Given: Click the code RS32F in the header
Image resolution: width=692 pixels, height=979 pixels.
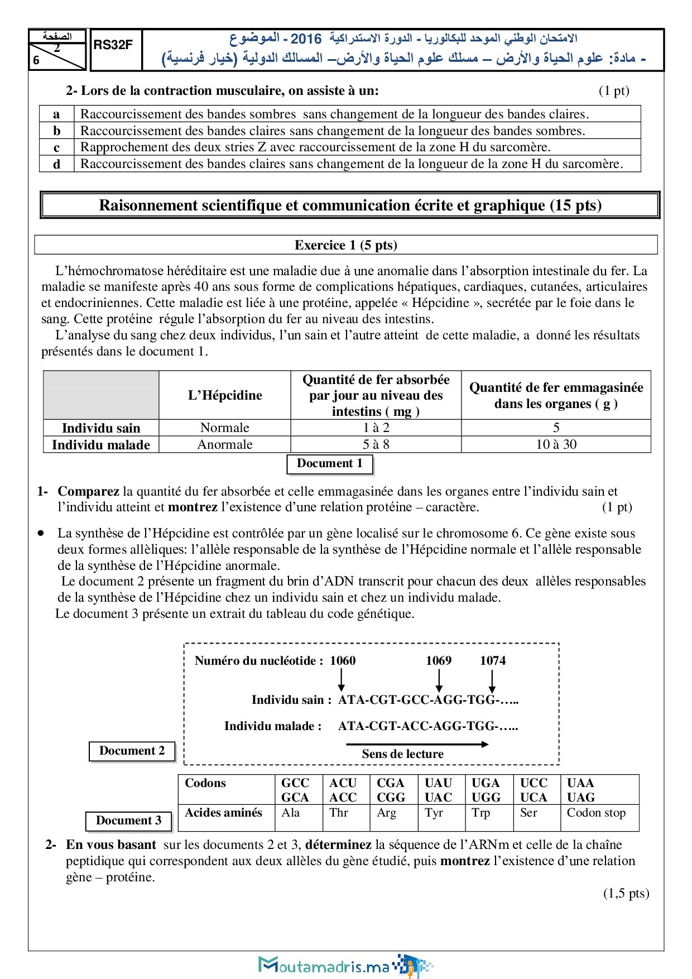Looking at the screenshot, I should tap(113, 45).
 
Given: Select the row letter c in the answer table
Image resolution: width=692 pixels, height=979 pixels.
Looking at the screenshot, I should tap(56, 147).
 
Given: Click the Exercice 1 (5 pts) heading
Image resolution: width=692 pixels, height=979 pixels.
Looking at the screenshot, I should tap(345, 245).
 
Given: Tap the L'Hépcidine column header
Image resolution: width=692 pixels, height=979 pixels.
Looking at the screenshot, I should tap(225, 395).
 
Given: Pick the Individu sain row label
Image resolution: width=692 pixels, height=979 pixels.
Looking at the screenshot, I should tap(101, 428).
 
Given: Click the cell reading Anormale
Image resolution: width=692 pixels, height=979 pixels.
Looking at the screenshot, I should tap(225, 444).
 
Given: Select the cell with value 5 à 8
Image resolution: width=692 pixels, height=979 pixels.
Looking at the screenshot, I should tap(376, 444).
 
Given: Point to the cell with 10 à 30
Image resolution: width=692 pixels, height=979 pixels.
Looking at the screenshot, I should tap(556, 444).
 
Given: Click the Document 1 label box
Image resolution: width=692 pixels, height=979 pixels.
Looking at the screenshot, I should tap(330, 464).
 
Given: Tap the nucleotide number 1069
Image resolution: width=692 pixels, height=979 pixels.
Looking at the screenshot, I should tap(439, 661).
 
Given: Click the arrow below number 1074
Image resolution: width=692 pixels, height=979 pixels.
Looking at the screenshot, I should tap(492, 682).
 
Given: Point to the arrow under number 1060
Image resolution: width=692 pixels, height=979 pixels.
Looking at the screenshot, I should tap(342, 680).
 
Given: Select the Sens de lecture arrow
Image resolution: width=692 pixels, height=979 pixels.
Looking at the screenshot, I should tap(417, 744).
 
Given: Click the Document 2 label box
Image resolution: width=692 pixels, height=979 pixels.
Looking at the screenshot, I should tap(132, 751).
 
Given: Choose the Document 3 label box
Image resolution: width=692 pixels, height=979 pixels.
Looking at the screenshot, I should tap(129, 820).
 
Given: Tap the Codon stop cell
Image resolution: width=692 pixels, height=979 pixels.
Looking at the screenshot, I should tap(596, 813).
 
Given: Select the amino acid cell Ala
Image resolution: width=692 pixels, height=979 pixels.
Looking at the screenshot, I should tap(291, 813).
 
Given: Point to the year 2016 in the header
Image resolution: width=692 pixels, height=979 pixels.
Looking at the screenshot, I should tap(306, 39).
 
